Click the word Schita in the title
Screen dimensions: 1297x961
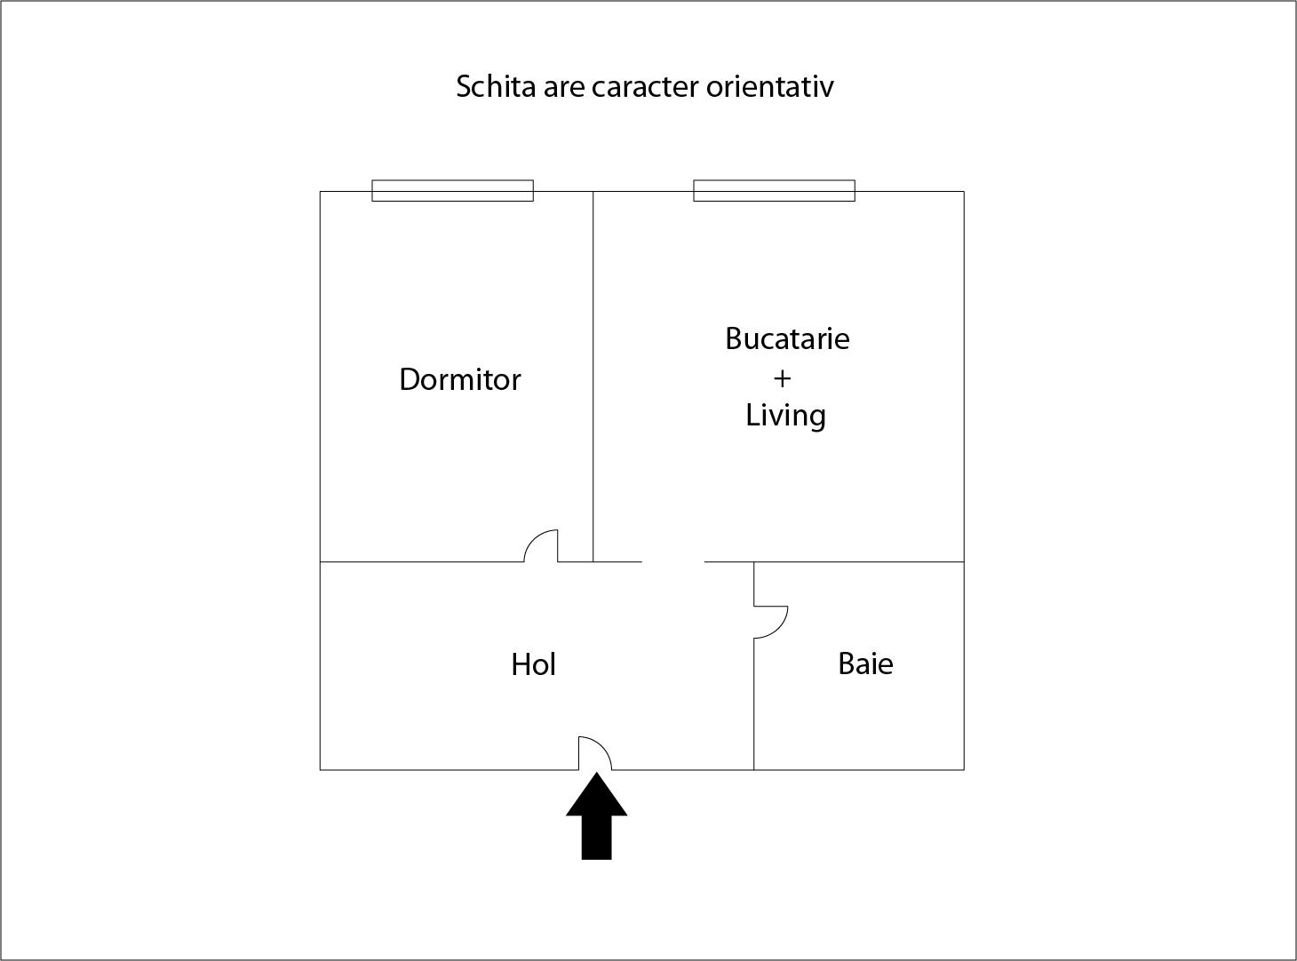point(496,86)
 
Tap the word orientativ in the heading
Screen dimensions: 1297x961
point(769,86)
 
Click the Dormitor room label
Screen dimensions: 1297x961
point(459,379)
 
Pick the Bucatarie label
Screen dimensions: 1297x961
point(787,338)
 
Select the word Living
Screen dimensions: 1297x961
point(785,416)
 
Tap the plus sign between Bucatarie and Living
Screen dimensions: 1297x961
point(782,379)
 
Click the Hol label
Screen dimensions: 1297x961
point(533,664)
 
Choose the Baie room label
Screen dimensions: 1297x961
point(865,663)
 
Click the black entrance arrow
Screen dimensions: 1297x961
point(596,816)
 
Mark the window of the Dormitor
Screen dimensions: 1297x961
point(452,191)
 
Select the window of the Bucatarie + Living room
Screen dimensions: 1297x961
point(775,191)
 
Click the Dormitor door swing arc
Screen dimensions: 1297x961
point(533,538)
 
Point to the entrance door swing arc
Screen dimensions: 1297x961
point(602,745)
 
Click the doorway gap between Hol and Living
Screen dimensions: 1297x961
point(673,561)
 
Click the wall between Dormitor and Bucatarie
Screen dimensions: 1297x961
point(593,376)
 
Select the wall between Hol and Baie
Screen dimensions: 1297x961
point(753,704)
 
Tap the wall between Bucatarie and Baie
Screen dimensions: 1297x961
point(859,561)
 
